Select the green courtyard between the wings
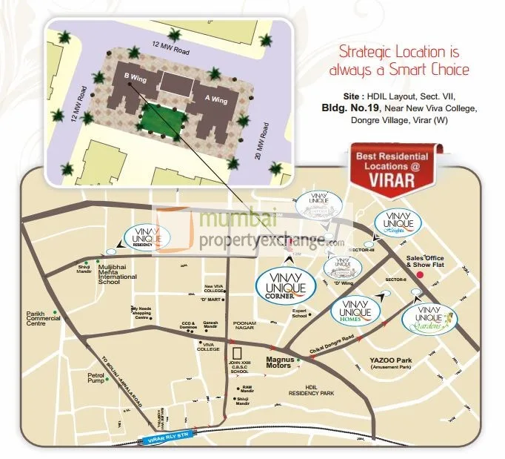click(x=162, y=117)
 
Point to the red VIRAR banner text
click(x=401, y=179)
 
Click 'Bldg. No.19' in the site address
click(x=350, y=108)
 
